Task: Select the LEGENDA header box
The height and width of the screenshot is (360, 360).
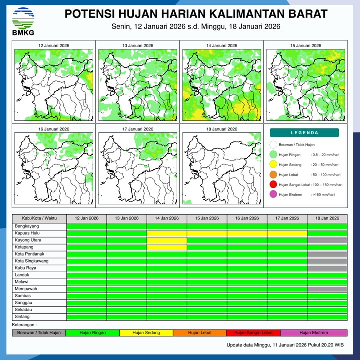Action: pos(304,133)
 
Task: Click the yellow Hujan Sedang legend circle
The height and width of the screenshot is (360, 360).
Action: pos(273,164)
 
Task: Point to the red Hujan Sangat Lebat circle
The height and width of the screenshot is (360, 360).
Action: pos(273,185)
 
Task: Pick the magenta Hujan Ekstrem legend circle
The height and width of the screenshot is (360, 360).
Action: pos(273,195)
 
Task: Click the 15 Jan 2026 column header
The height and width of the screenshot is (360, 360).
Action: pos(207,218)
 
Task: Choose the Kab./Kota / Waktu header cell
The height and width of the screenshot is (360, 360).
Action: pos(39,218)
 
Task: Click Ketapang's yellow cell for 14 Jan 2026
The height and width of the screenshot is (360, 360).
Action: pos(167,247)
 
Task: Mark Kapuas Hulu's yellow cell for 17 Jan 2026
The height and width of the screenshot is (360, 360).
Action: pos(287,233)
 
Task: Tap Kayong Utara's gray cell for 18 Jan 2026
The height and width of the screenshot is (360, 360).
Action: pos(327,240)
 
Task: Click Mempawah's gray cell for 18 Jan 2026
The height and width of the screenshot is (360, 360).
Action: pos(327,289)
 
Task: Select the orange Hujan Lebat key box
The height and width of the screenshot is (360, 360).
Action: pos(199,333)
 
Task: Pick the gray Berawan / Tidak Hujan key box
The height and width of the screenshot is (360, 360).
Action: pos(39,333)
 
